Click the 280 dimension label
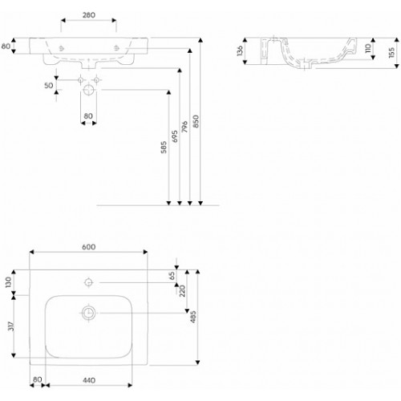(x=88, y=15)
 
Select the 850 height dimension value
(x=196, y=121)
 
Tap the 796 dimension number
(x=184, y=127)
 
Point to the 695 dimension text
(x=174, y=136)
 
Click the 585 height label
(x=164, y=147)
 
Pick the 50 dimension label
(x=49, y=86)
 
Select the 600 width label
(x=88, y=247)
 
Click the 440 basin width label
(x=89, y=380)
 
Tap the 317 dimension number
(x=11, y=326)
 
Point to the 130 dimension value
(x=8, y=282)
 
